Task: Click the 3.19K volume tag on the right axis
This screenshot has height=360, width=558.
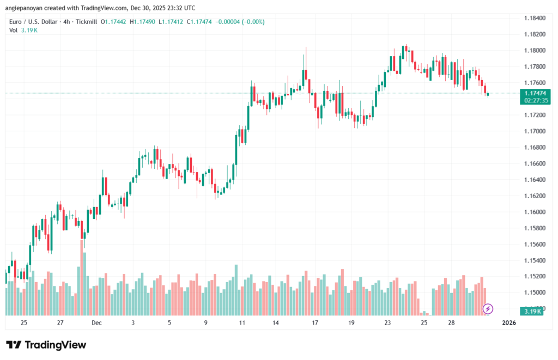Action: (531, 311)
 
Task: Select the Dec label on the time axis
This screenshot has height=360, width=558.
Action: (97, 323)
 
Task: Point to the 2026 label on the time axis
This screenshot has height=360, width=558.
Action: (509, 323)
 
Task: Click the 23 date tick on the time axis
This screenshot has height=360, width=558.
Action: (387, 323)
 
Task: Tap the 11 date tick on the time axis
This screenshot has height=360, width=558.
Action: (242, 323)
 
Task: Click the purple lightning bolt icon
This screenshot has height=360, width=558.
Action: (488, 309)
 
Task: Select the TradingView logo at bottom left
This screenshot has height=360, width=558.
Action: (46, 345)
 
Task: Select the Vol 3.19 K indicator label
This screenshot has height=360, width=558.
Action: (23, 30)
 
